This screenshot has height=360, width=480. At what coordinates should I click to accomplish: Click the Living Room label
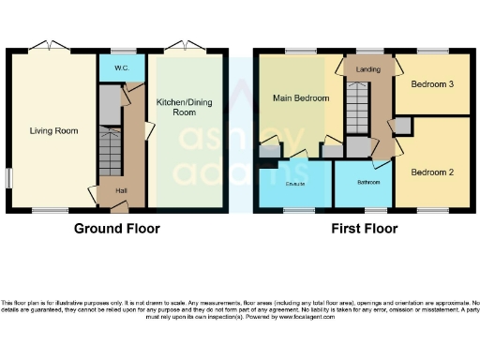coord(53,130)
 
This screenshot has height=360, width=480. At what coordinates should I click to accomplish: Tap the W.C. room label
coord(122,67)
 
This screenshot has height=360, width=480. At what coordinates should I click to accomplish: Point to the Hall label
coord(121,191)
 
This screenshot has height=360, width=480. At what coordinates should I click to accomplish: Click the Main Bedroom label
coord(301,97)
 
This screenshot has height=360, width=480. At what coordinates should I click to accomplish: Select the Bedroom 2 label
coord(432,172)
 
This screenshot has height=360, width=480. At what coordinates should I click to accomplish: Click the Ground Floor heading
coord(118,229)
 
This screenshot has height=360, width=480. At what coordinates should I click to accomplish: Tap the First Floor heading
coord(363,229)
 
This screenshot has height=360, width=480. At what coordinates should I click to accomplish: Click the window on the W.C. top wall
coord(121,52)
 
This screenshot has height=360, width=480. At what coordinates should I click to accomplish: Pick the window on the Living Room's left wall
coord(9,177)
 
